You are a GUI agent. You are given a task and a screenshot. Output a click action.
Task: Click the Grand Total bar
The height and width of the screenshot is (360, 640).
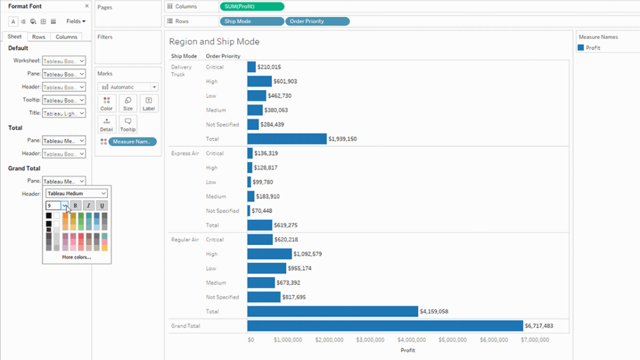[384, 326]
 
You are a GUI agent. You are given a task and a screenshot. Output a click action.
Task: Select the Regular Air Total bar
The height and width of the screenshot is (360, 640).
[332, 311]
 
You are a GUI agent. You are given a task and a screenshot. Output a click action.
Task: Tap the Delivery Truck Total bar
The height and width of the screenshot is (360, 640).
[286, 139]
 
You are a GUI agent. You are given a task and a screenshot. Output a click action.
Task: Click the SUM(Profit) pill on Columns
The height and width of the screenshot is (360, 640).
[252, 6]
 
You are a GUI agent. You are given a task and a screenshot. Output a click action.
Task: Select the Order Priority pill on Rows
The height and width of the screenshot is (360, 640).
[317, 21]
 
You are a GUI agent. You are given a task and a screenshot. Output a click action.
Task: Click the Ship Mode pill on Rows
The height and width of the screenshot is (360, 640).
[251, 21]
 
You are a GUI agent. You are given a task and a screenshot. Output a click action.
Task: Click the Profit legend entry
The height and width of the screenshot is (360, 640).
[592, 47]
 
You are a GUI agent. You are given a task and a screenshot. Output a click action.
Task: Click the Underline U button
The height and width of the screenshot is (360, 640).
[102, 205]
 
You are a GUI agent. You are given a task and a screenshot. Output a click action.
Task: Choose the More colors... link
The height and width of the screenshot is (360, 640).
[76, 257]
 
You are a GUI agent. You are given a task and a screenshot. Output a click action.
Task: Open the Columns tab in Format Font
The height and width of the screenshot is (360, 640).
[66, 37]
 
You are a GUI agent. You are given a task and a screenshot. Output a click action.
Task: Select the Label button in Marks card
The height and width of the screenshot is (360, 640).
[148, 103]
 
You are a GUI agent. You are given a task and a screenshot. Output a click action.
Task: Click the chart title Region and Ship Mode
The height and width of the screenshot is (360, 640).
[214, 42]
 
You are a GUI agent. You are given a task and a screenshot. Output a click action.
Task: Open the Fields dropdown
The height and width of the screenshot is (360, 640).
[76, 21]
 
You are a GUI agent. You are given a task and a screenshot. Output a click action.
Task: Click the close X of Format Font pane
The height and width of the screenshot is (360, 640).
[87, 6]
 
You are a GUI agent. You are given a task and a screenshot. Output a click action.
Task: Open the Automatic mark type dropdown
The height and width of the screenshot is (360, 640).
[127, 87]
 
